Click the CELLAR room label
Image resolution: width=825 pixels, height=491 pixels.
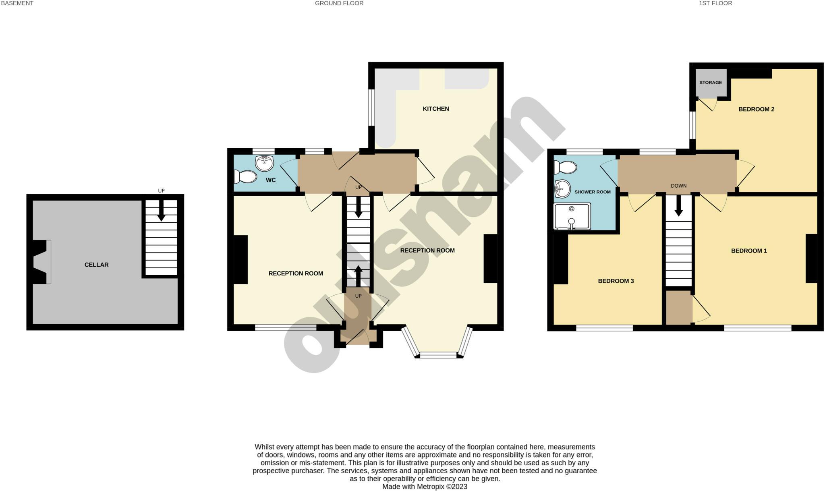point(96,265)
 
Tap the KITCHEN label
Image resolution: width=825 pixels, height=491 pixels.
point(436,109)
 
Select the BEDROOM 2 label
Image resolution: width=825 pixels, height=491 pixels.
point(756,109)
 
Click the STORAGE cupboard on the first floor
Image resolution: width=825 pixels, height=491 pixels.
point(711,83)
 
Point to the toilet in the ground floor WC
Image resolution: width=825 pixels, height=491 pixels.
point(245,177)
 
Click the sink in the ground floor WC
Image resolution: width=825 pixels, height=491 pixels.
point(265,163)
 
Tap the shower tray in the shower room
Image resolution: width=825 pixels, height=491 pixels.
point(572,216)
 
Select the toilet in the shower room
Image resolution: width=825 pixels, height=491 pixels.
point(565,167)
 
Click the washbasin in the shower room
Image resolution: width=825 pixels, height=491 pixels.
point(562,189)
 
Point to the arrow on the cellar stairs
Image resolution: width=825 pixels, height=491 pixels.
point(161,211)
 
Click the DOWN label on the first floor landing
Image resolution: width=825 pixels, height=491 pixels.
point(679,186)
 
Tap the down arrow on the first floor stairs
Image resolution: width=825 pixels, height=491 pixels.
point(679,205)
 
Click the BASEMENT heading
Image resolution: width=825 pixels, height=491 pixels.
point(17,3)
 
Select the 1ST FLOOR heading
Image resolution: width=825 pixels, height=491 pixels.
point(715,3)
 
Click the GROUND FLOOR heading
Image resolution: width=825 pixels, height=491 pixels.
point(339,3)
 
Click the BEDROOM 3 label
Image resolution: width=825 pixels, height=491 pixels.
point(616,281)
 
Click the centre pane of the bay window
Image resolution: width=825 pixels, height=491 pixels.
point(439,355)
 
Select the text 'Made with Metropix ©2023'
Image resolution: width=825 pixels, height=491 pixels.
point(425,487)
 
